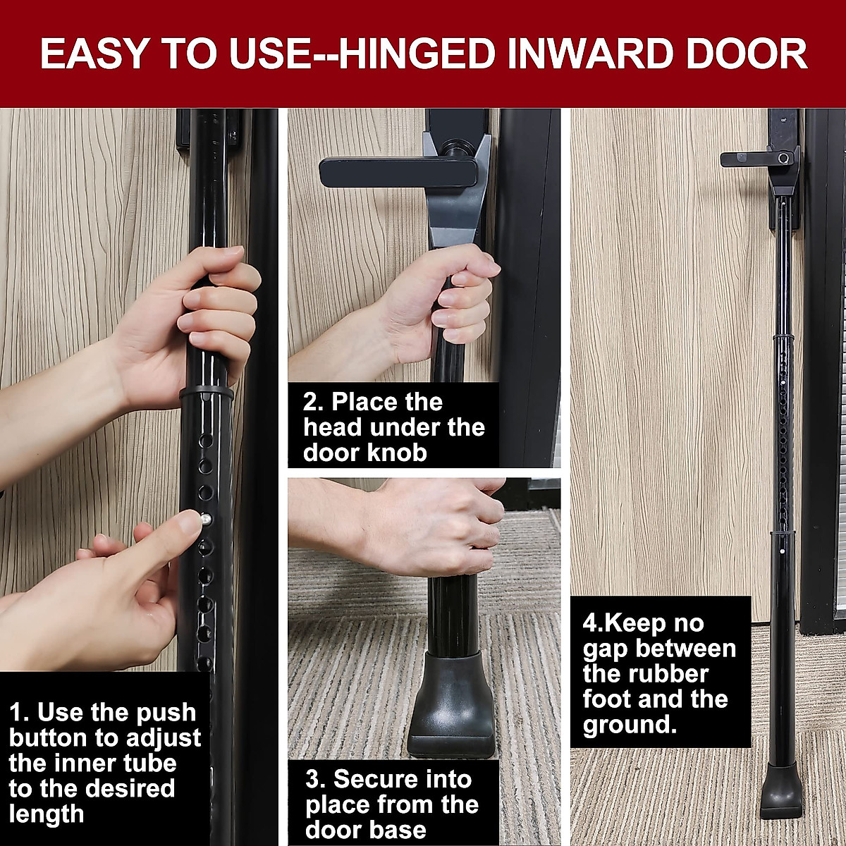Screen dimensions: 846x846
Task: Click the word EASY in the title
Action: point(96,54)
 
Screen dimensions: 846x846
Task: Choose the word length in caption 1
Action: point(47,814)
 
